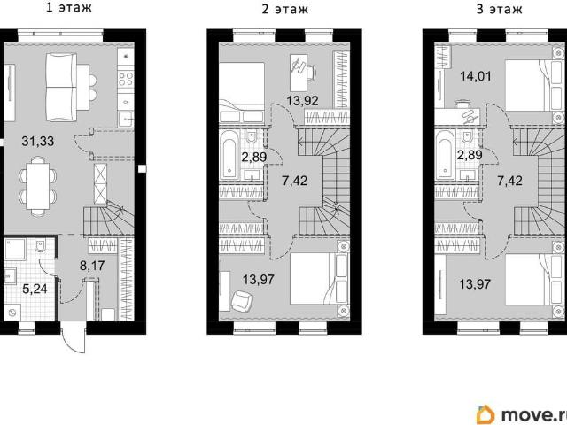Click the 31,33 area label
click(x=37, y=141)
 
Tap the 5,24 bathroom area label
click(x=35, y=289)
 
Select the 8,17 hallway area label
click(x=92, y=266)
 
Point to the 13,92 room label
click(x=302, y=101)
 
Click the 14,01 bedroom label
click(x=476, y=76)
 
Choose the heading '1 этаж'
click(x=69, y=8)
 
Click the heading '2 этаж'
click(x=284, y=9)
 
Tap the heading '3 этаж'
click(x=500, y=9)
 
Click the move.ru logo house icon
click(x=485, y=414)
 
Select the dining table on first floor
click(x=37, y=186)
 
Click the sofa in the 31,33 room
click(x=61, y=87)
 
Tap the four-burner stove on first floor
click(x=126, y=80)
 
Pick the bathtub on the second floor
click(x=229, y=155)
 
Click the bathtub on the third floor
click(x=445, y=155)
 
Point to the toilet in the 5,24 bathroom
click(x=39, y=245)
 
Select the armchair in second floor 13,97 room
click(x=242, y=301)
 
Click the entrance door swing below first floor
click(x=74, y=337)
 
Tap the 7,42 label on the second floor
click(x=295, y=181)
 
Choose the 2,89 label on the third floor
click(x=470, y=155)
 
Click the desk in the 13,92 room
click(x=299, y=73)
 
